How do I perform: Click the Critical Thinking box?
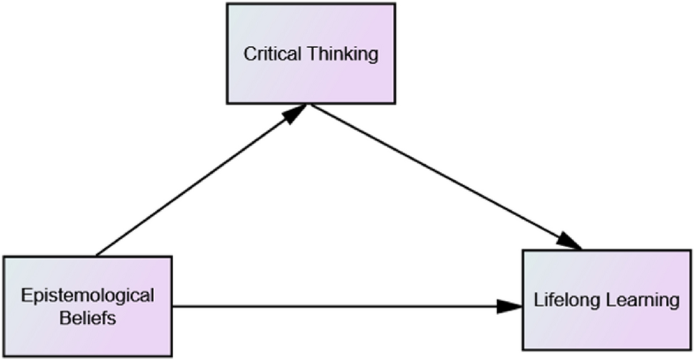tap(310, 54)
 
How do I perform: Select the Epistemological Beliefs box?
tap(87, 306)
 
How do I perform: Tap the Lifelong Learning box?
tap(607, 300)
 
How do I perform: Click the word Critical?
tap(272, 54)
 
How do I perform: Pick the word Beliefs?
tap(87, 318)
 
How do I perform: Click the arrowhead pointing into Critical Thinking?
tap(295, 113)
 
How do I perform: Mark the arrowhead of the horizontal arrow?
tap(510, 306)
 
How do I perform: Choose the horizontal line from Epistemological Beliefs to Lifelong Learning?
tap(348, 306)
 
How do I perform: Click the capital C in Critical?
tap(249, 54)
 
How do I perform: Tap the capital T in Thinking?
tap(313, 54)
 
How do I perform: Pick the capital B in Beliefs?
tap(65, 318)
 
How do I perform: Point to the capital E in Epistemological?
tap(27, 295)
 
